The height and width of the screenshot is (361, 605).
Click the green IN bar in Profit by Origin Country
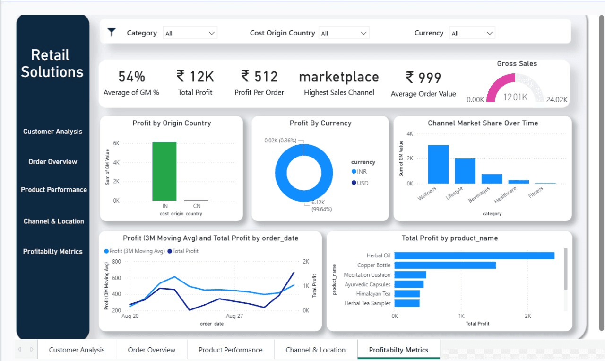[x=164, y=171]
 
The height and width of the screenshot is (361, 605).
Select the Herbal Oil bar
[x=474, y=255]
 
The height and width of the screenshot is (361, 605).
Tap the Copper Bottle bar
[x=445, y=265]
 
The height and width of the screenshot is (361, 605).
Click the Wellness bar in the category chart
[x=438, y=164]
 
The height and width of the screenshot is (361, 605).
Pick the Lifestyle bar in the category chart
[x=465, y=171]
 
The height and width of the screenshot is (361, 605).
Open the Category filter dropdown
[x=190, y=33]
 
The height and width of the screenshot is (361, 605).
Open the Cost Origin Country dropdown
[x=344, y=33]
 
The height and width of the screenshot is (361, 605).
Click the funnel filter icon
[x=112, y=32]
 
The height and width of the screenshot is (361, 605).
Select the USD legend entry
[x=362, y=183]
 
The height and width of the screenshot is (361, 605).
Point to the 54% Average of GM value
[x=131, y=77]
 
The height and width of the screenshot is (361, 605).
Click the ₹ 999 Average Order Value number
[x=423, y=78]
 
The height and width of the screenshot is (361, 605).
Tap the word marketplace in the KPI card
[x=339, y=77]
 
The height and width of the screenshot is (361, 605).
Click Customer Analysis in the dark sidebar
[x=52, y=132]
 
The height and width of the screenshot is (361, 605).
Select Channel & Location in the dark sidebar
[x=53, y=221]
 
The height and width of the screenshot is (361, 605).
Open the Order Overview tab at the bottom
[x=151, y=350]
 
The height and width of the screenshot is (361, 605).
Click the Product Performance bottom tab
[x=230, y=350]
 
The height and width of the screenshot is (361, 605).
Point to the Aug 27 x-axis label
[x=234, y=316]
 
